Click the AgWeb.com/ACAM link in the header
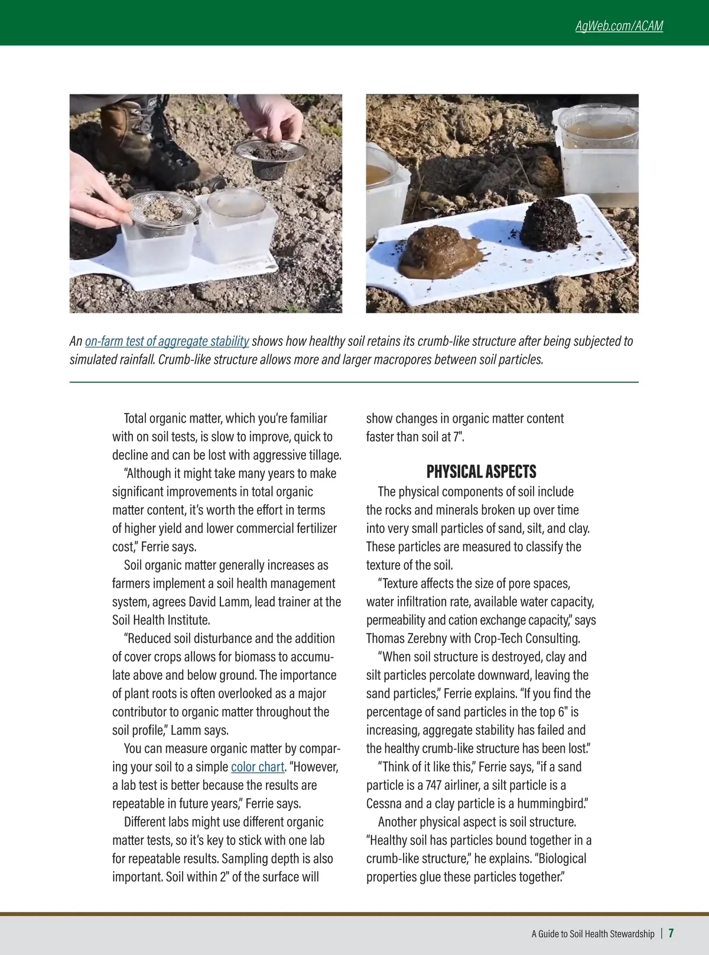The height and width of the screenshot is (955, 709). click(x=619, y=26)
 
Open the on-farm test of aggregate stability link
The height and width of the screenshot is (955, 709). click(x=167, y=341)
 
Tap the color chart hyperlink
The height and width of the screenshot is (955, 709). click(x=257, y=767)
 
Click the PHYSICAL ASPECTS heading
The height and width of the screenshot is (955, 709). click(x=481, y=472)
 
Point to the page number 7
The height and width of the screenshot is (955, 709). click(x=671, y=933)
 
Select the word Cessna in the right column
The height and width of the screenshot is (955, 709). click(x=385, y=803)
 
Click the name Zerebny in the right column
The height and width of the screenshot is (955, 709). click(x=430, y=638)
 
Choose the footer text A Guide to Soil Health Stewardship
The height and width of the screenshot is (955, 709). click(x=593, y=934)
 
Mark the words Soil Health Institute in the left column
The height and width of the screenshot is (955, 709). click(x=160, y=620)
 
